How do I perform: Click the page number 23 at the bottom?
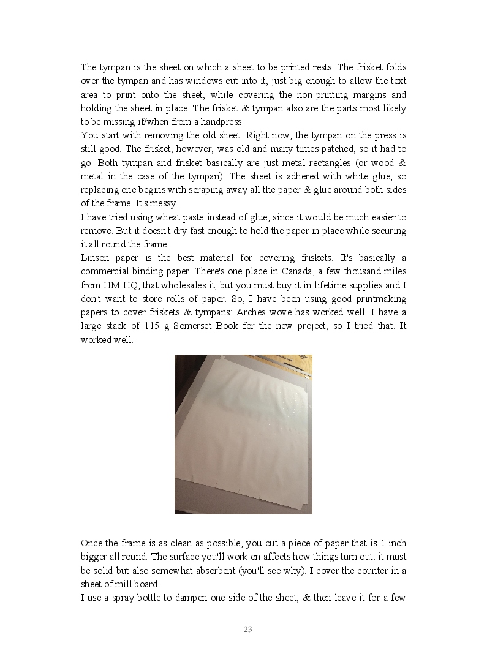(x=248, y=629)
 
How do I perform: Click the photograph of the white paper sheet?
(x=243, y=434)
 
